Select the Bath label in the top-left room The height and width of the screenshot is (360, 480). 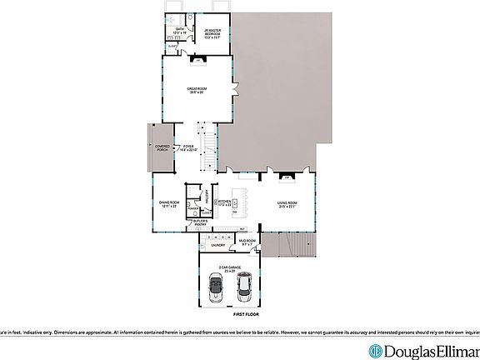pyautogui.click(x=180, y=32)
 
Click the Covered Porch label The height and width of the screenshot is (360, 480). pyautogui.click(x=162, y=147)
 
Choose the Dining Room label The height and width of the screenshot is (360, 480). pyautogui.click(x=170, y=203)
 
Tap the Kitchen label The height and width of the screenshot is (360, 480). pyautogui.click(x=224, y=202)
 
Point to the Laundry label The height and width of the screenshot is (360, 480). pyautogui.click(x=218, y=245)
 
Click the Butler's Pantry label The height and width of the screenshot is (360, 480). pyautogui.click(x=200, y=223)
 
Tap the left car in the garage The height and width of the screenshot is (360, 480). pyautogui.click(x=215, y=289)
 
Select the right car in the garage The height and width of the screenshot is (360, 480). pyautogui.click(x=245, y=288)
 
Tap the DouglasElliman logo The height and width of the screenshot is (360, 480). pyautogui.click(x=424, y=350)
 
